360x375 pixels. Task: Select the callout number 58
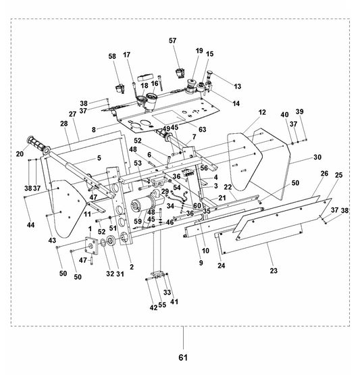click(x=112, y=57)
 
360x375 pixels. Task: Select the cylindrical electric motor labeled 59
click(x=143, y=207)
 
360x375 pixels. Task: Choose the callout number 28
click(x=63, y=124)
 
